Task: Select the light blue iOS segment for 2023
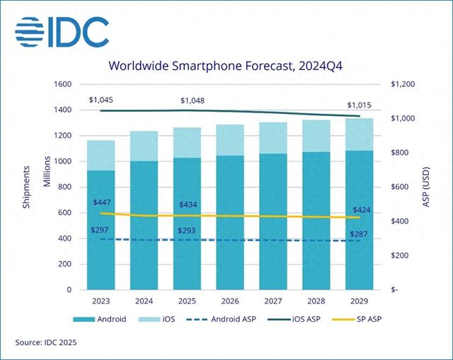click(x=101, y=155)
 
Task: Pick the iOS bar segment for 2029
click(x=360, y=134)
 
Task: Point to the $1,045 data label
click(x=101, y=100)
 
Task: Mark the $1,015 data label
click(x=359, y=105)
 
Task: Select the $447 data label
click(x=103, y=202)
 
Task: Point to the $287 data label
click(x=360, y=233)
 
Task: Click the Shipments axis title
click(x=26, y=187)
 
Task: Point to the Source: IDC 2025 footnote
click(x=47, y=343)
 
